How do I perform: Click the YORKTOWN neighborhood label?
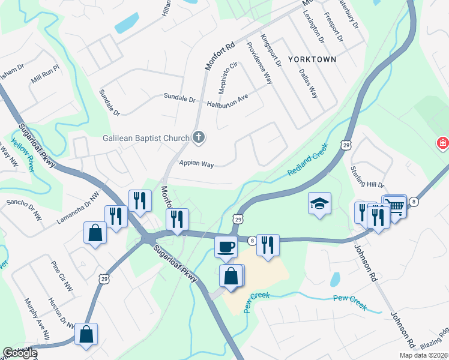pyautogui.click(x=312, y=59)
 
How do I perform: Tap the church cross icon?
pyautogui.click(x=199, y=138)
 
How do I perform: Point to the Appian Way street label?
pyautogui.click(x=197, y=164)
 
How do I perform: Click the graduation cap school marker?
pyautogui.click(x=320, y=203)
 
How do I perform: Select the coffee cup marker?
pyautogui.click(x=226, y=246)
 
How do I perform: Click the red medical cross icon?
pyautogui.click(x=442, y=143)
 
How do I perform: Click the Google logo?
pyautogui.click(x=19, y=353)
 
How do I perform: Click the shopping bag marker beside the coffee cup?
pyautogui.click(x=231, y=277)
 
